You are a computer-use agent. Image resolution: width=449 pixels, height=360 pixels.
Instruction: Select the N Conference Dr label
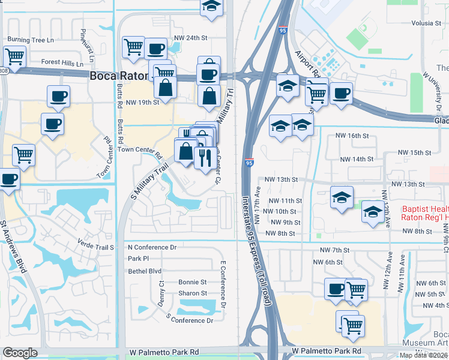(152, 247)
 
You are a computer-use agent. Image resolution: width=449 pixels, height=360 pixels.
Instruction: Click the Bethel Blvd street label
(145, 271)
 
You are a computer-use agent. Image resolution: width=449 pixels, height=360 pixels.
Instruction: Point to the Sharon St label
(192, 293)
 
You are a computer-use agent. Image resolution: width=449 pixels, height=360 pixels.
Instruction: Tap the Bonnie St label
(192, 282)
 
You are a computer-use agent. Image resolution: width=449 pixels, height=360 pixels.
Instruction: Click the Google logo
(20, 353)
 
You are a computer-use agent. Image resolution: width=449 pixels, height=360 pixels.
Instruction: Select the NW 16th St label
(353, 136)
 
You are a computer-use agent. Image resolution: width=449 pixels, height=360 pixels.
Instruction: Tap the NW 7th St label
(334, 250)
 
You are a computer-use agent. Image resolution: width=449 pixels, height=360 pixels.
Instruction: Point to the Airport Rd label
(307, 65)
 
